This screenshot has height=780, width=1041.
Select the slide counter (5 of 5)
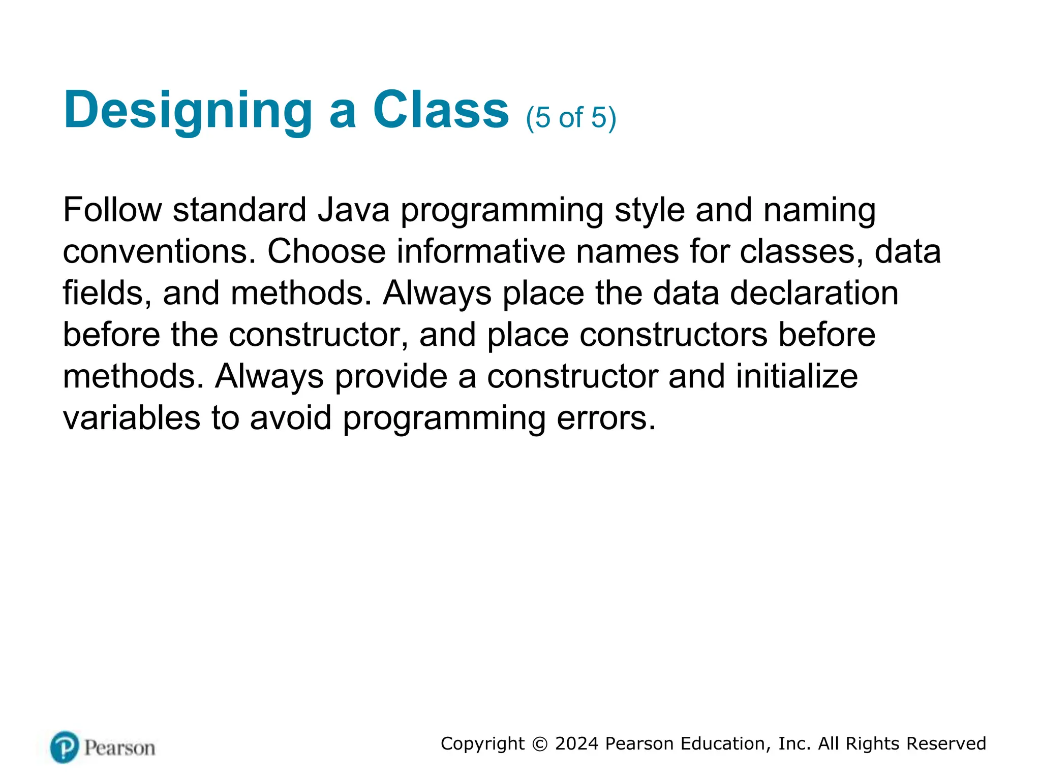point(571,118)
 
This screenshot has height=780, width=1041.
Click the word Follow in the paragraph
point(112,210)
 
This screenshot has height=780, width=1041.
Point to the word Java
point(354,210)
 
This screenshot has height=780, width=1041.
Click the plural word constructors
point(673,335)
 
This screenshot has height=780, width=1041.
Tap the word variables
point(132,418)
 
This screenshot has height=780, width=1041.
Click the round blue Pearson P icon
point(65,747)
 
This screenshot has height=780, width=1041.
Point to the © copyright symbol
point(540,744)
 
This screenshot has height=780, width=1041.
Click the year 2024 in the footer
point(576,744)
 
